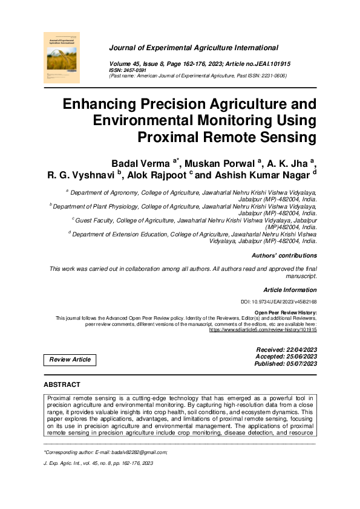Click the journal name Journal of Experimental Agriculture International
(x=194, y=47)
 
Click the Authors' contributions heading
(x=284, y=256)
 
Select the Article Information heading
(x=290, y=290)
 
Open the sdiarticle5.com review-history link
(x=263, y=331)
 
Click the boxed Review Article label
(x=70, y=360)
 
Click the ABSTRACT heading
(x=62, y=384)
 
